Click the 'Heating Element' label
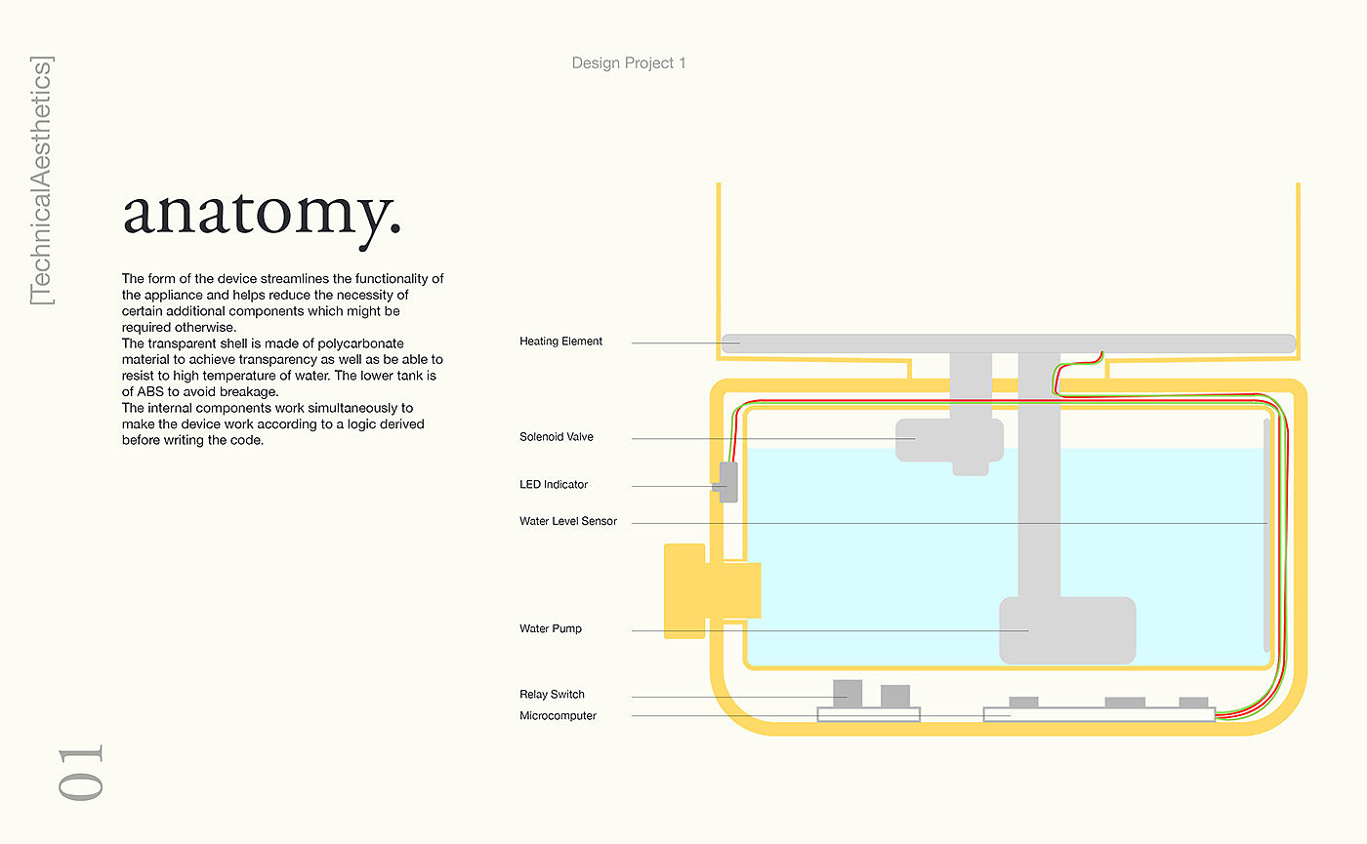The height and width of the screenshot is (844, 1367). tap(560, 342)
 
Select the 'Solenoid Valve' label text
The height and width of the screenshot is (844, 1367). tap(556, 437)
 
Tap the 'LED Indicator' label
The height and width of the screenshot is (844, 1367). tap(553, 485)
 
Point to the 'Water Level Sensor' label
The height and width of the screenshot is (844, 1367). tap(567, 522)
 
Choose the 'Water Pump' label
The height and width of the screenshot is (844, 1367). tap(550, 629)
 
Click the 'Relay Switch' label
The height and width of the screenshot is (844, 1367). tap(552, 695)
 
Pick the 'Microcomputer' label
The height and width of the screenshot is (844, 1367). tap(558, 716)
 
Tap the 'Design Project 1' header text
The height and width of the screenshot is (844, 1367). tap(629, 63)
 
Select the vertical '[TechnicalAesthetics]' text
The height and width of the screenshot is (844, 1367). tap(42, 181)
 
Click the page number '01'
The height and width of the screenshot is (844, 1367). tap(80, 773)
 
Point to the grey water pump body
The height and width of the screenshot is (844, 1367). tap(1067, 630)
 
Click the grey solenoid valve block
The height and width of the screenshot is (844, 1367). tap(949, 440)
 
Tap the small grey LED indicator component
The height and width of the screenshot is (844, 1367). tap(727, 482)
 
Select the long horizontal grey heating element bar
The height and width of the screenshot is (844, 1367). tap(1008, 342)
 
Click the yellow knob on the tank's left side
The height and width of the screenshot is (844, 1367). tap(685, 591)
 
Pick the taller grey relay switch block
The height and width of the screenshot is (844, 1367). tap(847, 694)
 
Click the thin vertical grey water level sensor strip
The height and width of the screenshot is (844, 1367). tap(1267, 535)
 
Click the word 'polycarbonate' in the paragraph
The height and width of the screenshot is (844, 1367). tap(364, 344)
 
